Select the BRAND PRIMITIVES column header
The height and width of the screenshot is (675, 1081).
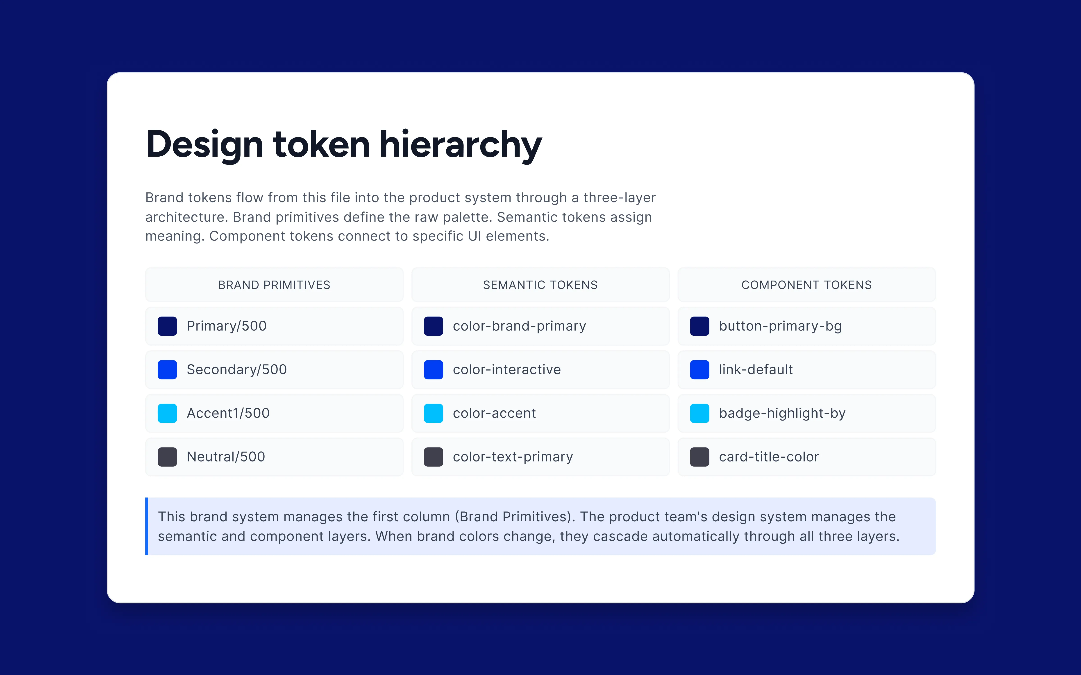(274, 285)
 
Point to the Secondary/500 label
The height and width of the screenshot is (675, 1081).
(237, 370)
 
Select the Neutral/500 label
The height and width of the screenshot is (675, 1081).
(226, 457)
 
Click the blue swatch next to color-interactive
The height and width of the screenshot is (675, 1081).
(433, 370)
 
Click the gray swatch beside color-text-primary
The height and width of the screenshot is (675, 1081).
(433, 457)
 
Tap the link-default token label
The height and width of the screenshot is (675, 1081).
(756, 370)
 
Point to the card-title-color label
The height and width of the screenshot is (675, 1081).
(769, 457)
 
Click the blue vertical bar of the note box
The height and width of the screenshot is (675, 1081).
(147, 526)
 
